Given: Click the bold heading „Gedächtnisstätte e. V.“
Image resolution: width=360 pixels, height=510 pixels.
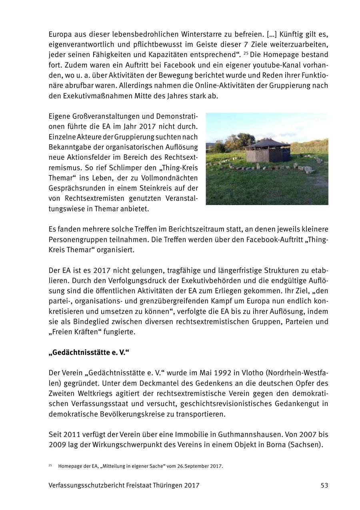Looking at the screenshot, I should pyautogui.click(x=89, y=353).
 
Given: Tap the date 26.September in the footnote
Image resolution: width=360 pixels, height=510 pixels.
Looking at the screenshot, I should pyautogui.click(x=194, y=466).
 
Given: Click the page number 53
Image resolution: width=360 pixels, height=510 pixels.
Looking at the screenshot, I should pyautogui.click(x=324, y=485).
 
